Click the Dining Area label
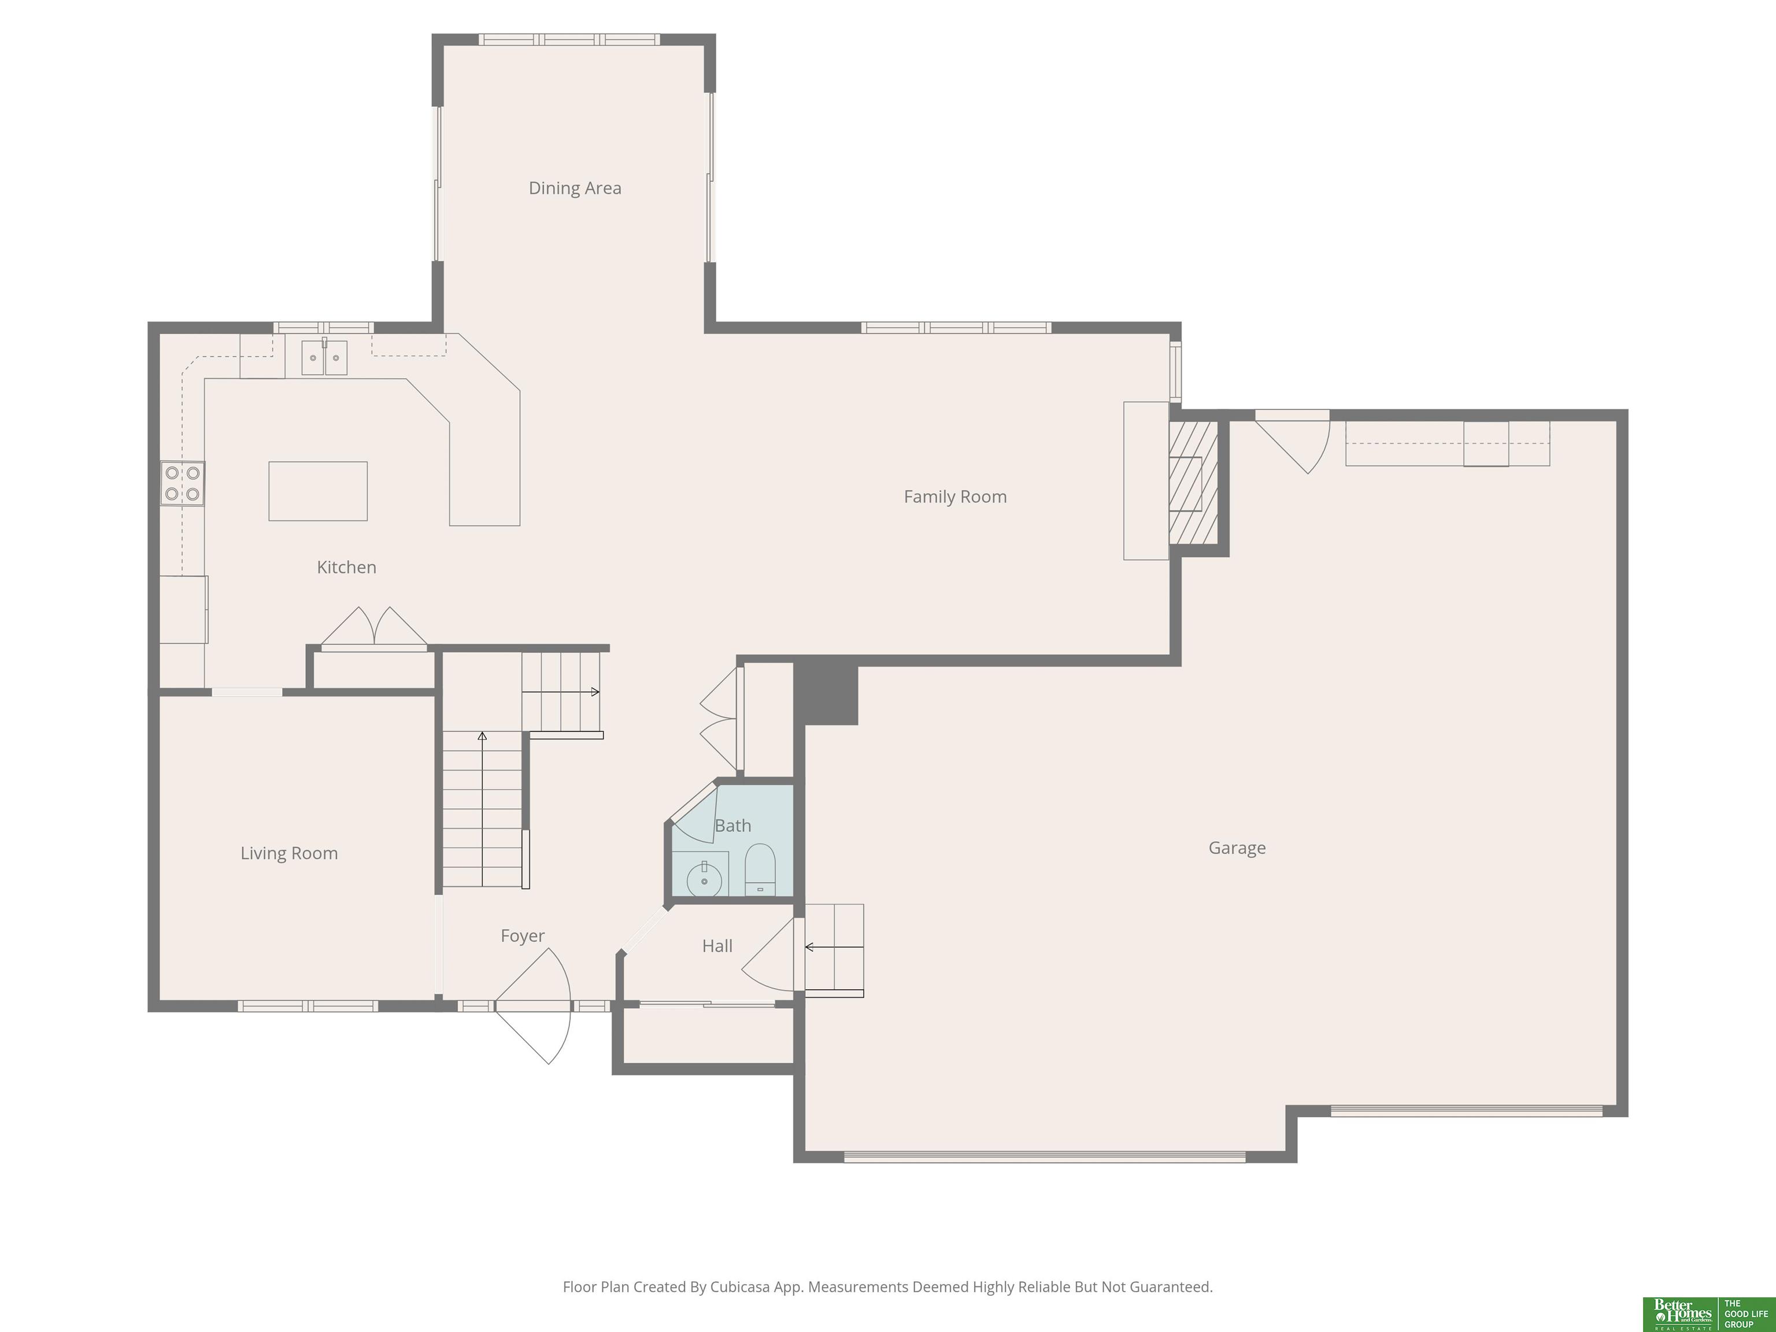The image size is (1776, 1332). [575, 188]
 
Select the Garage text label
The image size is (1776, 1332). [1237, 848]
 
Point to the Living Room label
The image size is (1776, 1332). [289, 853]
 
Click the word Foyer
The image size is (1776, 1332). [523, 936]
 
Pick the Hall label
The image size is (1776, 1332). [717, 946]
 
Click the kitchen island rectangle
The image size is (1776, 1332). [318, 491]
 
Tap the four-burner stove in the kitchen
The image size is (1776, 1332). [182, 483]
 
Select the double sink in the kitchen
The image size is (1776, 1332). [324, 357]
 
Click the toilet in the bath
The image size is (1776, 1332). [760, 869]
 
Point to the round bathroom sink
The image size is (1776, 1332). [705, 880]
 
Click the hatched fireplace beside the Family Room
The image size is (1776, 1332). [1193, 483]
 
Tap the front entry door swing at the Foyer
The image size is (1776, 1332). [533, 1007]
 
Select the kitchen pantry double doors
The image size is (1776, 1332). [374, 627]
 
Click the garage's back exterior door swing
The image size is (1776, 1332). [1293, 443]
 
